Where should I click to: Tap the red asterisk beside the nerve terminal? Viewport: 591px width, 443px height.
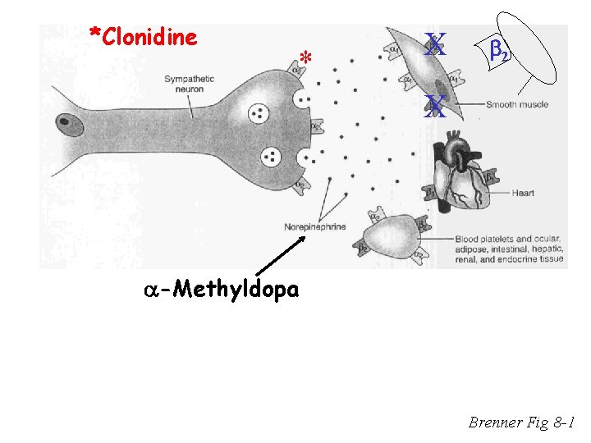[305, 60]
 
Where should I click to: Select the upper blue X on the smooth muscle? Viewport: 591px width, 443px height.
[435, 45]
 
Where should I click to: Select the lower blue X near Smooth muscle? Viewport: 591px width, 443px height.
[435, 106]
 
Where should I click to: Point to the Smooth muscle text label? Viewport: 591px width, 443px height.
[517, 105]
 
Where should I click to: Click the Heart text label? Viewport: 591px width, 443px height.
[523, 194]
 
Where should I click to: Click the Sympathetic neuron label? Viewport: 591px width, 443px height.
[189, 84]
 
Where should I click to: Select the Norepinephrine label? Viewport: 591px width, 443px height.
[315, 226]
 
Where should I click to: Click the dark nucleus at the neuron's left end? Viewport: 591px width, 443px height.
[68, 126]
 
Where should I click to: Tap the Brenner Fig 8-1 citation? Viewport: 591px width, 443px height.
[522, 423]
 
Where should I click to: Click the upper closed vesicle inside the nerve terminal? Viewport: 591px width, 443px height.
[259, 112]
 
